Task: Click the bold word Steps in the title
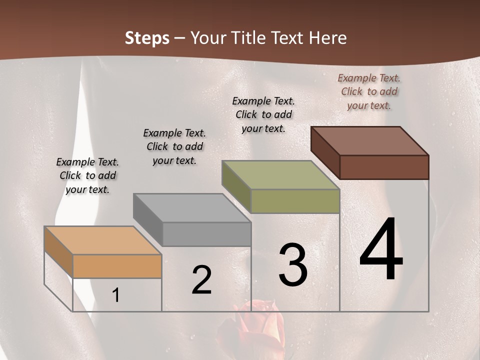146,38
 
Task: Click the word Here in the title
327,38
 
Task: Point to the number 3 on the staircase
292,264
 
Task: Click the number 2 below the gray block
201,280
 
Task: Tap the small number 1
116,295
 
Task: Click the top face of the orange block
102,240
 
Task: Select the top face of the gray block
192,207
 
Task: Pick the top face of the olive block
280,175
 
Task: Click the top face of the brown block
370,141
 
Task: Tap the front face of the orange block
117,266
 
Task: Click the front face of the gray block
206,234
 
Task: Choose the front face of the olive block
295,201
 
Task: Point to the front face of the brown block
384,167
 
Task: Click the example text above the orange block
87,175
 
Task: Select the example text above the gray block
174,146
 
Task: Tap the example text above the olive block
263,114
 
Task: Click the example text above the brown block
369,91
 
